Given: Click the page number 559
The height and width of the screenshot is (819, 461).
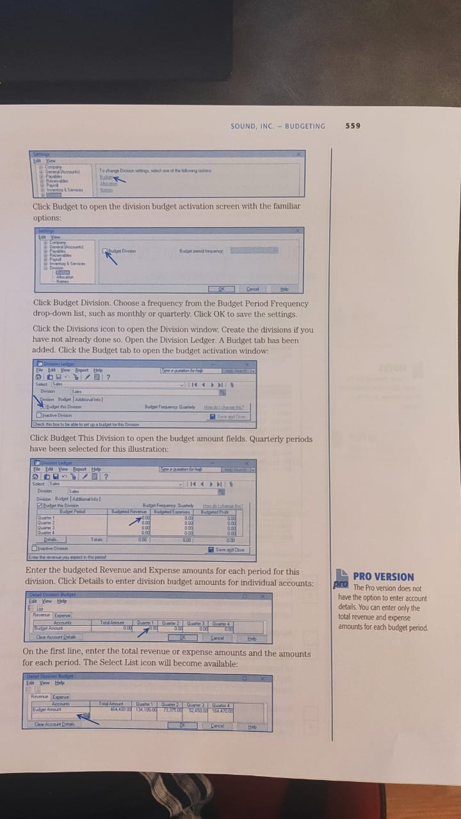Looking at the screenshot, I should point(353,126).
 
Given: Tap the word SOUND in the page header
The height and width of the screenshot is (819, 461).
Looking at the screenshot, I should point(243,126).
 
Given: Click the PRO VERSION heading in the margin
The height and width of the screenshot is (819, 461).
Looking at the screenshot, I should point(383,576).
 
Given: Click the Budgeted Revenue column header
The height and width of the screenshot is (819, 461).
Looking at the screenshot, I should point(130,511).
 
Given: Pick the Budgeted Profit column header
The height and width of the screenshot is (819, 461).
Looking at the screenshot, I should point(214,511).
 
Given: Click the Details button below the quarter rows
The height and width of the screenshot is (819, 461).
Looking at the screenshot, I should point(45,540).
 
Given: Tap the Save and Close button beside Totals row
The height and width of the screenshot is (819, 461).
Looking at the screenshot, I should point(226,550).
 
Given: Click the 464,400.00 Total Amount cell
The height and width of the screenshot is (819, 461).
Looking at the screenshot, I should point(111,708).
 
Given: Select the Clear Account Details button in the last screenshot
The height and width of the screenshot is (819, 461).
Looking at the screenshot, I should point(56,724).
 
